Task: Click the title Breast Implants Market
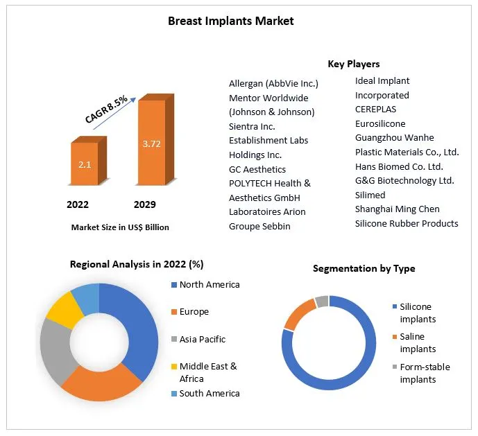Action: [230, 21]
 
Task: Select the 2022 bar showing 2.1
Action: [85, 164]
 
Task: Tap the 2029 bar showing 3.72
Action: [151, 144]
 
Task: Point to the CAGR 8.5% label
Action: [106, 110]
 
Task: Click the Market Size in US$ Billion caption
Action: [119, 227]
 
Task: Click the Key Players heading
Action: [353, 64]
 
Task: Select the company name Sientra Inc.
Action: [252, 126]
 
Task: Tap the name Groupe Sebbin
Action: [259, 226]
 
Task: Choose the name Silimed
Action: [370, 195]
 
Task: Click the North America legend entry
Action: [209, 284]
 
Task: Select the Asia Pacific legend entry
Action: [202, 339]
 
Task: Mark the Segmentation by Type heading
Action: [364, 268]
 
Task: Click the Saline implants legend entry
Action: [418, 342]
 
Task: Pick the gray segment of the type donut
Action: [321, 302]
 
